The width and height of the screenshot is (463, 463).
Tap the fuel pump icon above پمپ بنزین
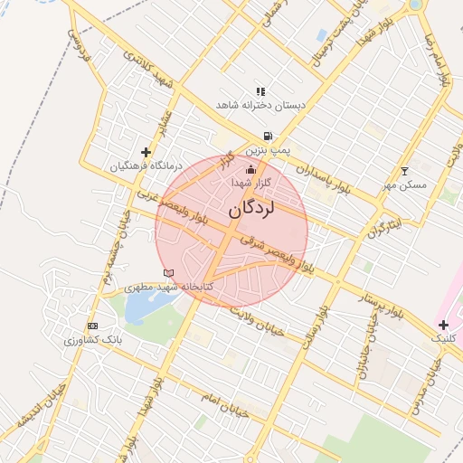[268, 137]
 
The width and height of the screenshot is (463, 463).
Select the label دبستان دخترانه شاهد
[260, 106]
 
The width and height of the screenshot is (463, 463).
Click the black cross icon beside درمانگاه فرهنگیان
[146, 152]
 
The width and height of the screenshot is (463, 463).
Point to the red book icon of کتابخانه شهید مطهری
[167, 273]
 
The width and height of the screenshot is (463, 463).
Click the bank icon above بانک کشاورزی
[91, 326]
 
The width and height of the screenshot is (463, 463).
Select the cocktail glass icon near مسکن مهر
[404, 171]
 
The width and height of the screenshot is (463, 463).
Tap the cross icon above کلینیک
[443, 324]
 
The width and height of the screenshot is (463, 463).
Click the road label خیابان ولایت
[257, 320]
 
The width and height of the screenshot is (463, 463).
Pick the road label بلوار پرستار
[376, 298]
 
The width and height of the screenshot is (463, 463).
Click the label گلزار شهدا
[251, 183]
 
